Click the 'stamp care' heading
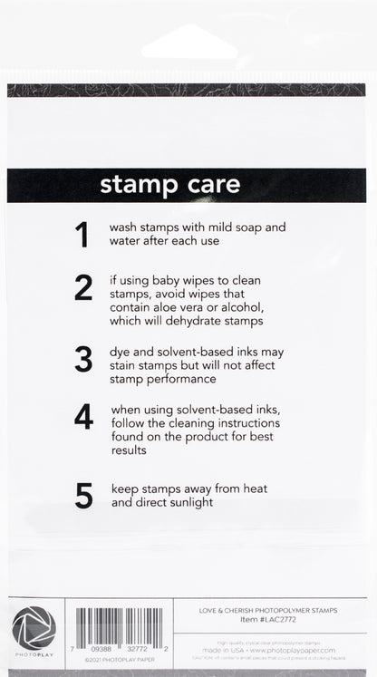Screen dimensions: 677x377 (x=169, y=185)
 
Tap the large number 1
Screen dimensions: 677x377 (x=82, y=235)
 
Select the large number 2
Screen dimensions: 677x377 (x=83, y=287)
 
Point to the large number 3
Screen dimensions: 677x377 (x=83, y=359)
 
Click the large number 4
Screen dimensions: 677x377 (x=83, y=416)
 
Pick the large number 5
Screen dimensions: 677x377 (x=83, y=495)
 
